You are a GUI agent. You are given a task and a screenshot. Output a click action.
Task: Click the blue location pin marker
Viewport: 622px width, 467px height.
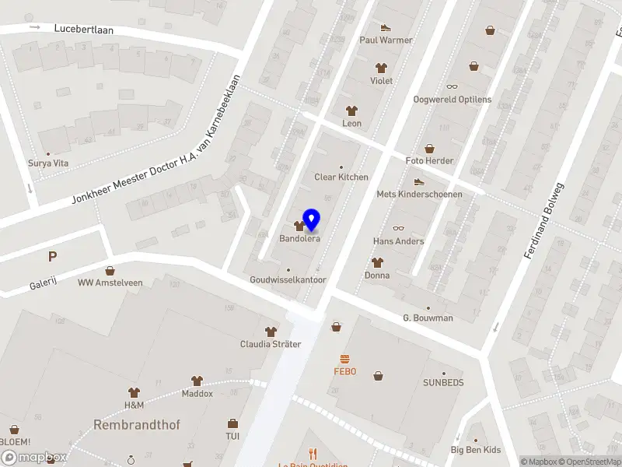coord(312,219)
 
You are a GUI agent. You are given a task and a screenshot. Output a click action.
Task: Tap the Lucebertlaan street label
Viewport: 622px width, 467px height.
coord(84,29)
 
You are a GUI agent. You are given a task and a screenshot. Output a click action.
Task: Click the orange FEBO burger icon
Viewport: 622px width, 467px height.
coord(344,359)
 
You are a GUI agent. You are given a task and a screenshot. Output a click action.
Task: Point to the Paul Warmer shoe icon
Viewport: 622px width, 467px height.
coord(385,27)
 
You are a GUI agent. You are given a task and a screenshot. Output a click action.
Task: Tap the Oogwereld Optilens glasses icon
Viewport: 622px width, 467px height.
coord(452,87)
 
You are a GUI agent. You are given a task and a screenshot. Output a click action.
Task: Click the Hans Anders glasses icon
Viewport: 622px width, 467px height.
coord(398,228)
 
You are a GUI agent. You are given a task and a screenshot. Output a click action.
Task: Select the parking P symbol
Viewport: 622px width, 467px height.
coord(52,256)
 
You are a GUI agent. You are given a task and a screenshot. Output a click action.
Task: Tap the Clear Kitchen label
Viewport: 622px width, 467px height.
coord(341,177)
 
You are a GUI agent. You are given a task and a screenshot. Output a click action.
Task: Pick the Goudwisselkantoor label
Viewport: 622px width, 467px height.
coord(288,279)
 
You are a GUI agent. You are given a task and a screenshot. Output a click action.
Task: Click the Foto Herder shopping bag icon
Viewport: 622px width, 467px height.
coord(429,148)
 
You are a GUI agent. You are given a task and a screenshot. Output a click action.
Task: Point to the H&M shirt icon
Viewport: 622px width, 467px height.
coord(134,392)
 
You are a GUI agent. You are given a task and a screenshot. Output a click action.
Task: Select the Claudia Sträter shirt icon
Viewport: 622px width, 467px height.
coord(270,332)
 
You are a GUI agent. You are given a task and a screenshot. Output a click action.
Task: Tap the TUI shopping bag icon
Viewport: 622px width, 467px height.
coord(232,423)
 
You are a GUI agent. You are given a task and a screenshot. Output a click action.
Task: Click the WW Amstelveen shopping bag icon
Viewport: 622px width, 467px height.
coord(110,270)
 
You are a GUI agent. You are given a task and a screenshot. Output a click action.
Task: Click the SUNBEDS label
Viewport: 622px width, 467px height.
coord(442,383)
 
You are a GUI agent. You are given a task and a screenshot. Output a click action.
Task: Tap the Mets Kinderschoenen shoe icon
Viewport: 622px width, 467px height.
coord(419,181)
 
